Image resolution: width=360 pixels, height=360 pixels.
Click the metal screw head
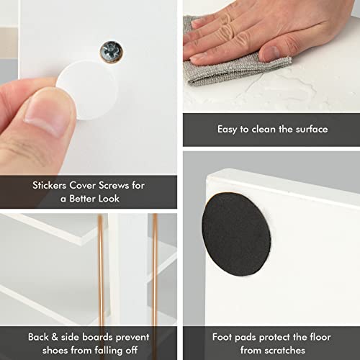(111, 52)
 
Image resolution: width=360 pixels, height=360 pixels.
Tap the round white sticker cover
(88, 90)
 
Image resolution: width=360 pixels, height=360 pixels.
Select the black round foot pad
(236, 234)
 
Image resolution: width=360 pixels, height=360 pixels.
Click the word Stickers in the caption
(49, 185)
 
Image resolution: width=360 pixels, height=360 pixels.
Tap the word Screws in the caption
(114, 185)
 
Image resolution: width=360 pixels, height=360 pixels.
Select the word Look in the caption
(107, 199)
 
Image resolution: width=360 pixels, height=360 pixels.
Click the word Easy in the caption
(228, 130)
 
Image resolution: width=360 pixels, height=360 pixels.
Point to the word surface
(312, 129)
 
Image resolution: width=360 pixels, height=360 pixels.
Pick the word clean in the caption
(264, 129)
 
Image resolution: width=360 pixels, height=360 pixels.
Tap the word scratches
(285, 351)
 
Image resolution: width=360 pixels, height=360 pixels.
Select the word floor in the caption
(320, 337)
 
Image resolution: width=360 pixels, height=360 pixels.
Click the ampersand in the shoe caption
(55, 337)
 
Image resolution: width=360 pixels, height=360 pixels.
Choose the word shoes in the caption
(55, 351)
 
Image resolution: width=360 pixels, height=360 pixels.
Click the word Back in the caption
(38, 337)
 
